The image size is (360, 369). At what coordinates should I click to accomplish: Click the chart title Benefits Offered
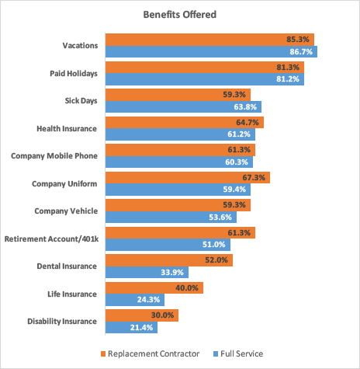click(179, 15)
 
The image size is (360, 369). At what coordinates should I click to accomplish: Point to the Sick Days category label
click(81, 100)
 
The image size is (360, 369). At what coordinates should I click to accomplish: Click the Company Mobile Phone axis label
click(54, 155)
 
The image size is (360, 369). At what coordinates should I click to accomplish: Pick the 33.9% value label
click(175, 272)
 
